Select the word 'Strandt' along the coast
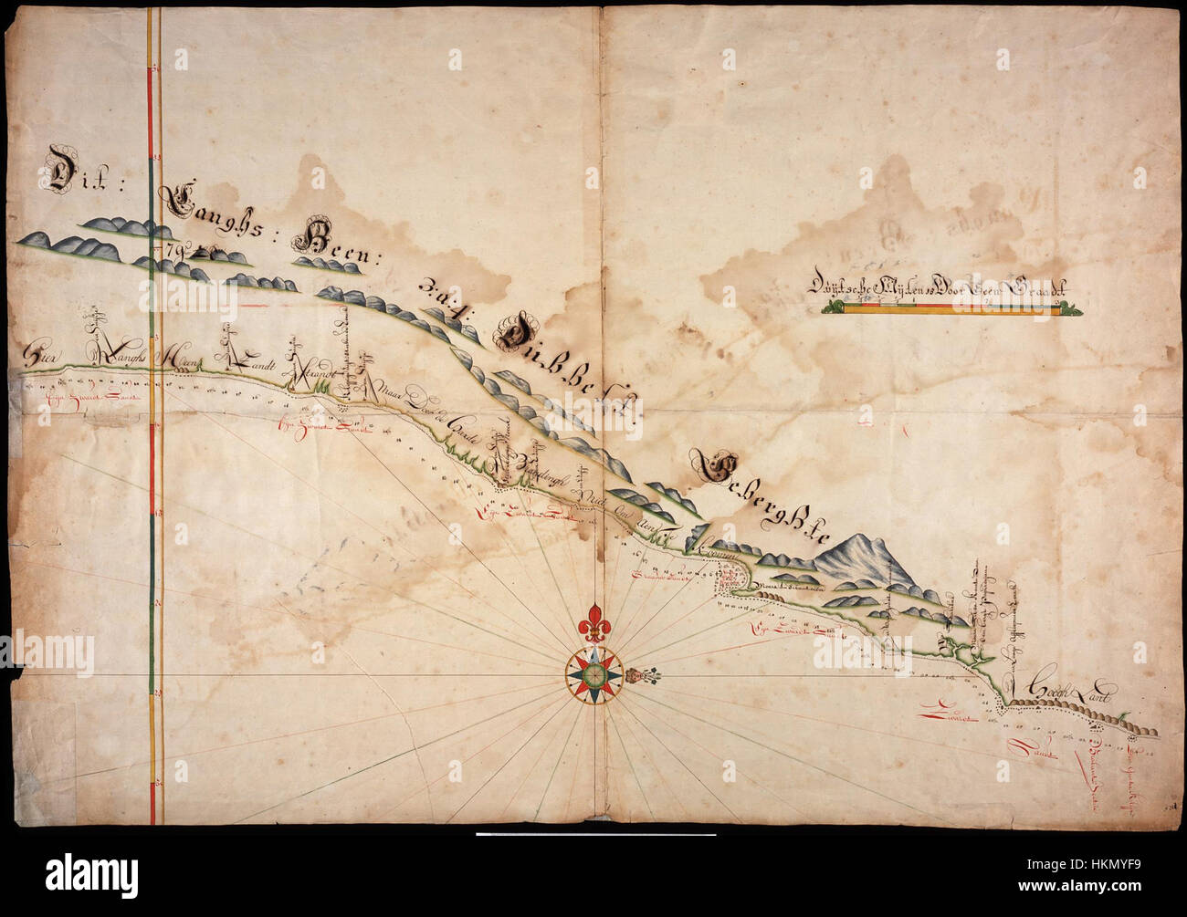pyautogui.click(x=313, y=374)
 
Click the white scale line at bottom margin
pyautogui.click(x=593, y=834)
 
